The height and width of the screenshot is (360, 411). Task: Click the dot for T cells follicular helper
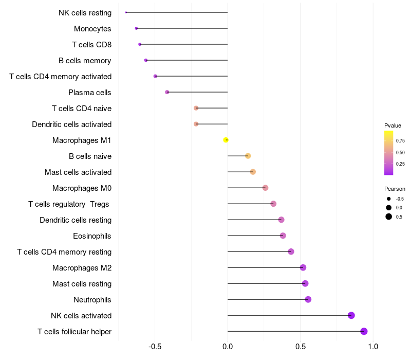pos(364,331)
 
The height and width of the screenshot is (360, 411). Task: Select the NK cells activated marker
pos(351,315)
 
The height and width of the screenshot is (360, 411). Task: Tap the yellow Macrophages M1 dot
pos(226,140)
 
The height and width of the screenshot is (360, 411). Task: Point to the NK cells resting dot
pos(126,12)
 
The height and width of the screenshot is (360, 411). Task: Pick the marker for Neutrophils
pos(308,299)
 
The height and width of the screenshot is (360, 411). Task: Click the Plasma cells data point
pos(167,92)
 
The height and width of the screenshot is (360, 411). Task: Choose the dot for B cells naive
pos(248,156)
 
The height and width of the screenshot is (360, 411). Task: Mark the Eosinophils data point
pos(283,236)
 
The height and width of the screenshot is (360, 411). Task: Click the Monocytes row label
pos(92,28)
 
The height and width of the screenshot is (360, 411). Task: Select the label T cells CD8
pos(91,44)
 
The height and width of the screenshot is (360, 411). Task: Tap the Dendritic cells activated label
pos(71,124)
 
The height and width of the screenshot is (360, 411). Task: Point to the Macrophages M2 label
pos(82,267)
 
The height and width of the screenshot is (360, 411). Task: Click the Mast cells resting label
pos(82,283)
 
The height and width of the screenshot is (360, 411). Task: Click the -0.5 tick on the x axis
pos(155,347)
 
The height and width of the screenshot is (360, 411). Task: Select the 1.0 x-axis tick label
pos(373,347)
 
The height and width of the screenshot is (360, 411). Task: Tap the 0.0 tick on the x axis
pos(228,347)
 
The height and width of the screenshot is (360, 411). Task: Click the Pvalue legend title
pos(393,125)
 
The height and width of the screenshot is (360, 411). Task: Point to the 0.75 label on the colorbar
pos(400,140)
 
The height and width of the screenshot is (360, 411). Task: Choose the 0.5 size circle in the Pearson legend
pos(389,217)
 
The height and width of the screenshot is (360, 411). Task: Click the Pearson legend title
pos(395,189)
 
